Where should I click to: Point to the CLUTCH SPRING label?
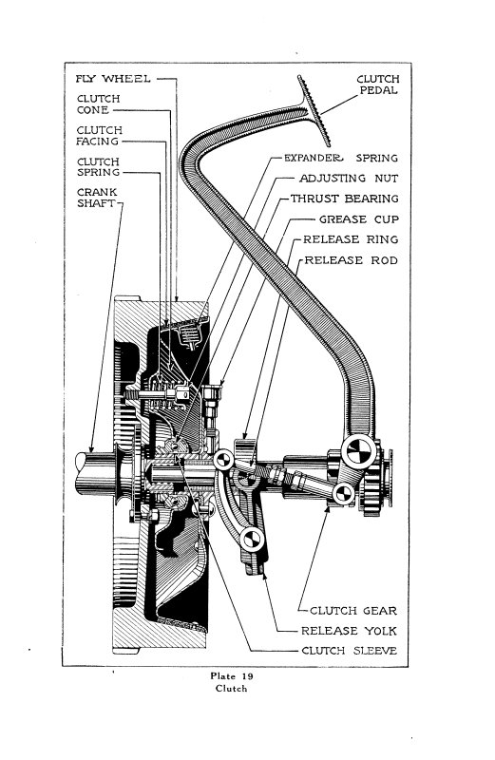pos(97,168)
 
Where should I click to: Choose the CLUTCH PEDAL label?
pos(377,85)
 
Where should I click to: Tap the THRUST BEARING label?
pos(345,199)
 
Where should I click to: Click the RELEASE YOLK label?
pos(349,631)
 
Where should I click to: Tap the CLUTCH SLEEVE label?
pos(349,651)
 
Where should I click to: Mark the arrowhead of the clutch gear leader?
pos(329,507)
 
